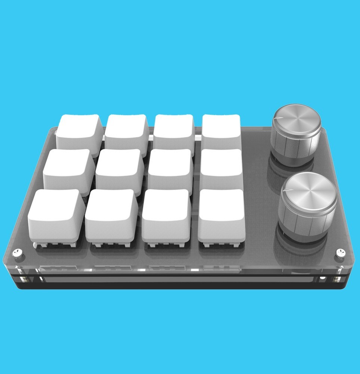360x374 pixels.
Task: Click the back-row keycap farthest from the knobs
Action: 79,129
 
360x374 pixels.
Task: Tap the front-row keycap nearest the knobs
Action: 222,211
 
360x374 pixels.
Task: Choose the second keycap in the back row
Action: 126,129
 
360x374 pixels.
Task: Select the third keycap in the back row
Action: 174,129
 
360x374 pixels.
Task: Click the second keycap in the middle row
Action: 119,166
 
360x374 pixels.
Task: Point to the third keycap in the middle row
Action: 170,166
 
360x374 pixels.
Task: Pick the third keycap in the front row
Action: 166,211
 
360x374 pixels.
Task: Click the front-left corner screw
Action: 17,253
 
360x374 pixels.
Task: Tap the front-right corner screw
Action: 340,252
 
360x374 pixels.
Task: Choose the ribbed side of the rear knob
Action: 295,144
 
